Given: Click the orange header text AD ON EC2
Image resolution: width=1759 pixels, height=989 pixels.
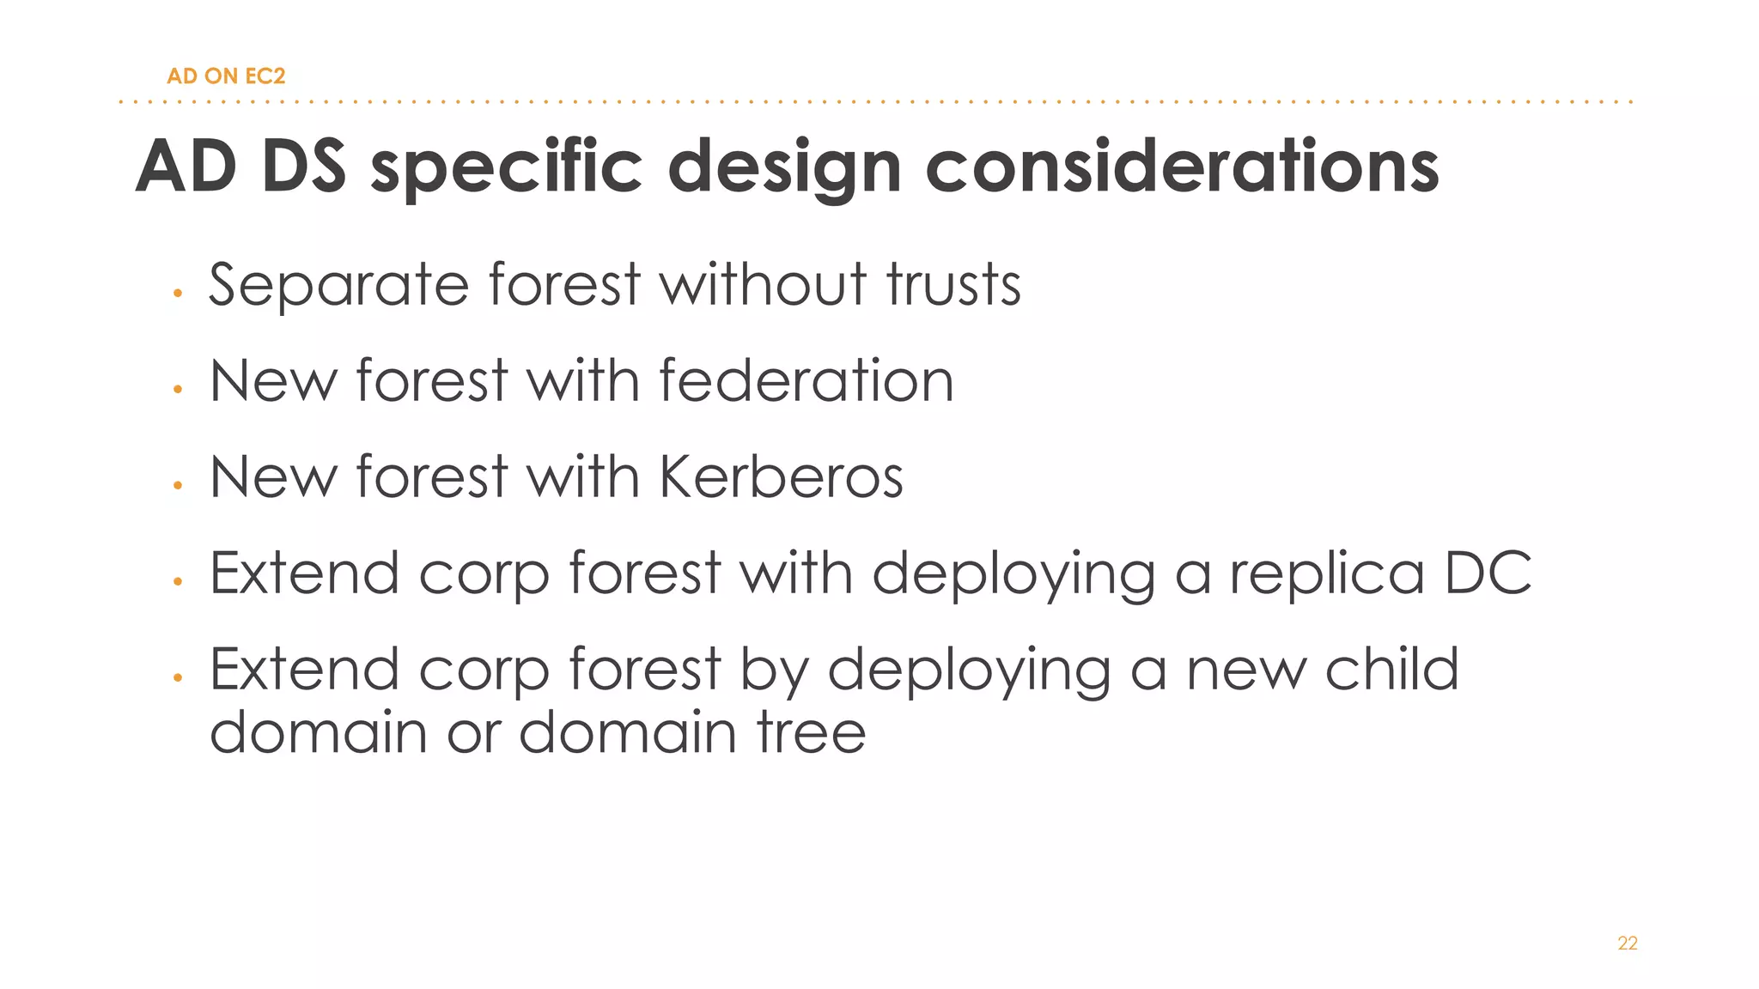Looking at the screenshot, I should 226,76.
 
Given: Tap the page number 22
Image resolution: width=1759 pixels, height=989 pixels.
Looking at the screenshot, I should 1628,943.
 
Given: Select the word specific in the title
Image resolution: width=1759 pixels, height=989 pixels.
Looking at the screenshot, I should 507,167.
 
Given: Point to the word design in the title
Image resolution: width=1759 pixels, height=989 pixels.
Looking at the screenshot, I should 784,167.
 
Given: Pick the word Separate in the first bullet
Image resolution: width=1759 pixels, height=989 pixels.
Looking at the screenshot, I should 338,285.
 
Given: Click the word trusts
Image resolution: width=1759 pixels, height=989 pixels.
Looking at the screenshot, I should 954,284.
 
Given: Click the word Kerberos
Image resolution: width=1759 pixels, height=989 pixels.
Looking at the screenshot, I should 782,476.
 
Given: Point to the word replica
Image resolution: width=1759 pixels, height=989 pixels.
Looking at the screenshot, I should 1327,574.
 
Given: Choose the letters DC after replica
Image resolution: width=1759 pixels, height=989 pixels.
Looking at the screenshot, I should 1488,573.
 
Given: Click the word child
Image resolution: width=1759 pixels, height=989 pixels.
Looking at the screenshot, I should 1391,669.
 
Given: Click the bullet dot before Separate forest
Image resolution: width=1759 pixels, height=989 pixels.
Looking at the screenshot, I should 178,294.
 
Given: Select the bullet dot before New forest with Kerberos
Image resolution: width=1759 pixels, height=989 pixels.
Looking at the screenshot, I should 178,486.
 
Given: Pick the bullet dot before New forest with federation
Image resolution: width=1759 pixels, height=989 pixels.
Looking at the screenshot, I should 178,390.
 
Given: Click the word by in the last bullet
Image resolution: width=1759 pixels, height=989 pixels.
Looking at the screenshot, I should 774,670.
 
